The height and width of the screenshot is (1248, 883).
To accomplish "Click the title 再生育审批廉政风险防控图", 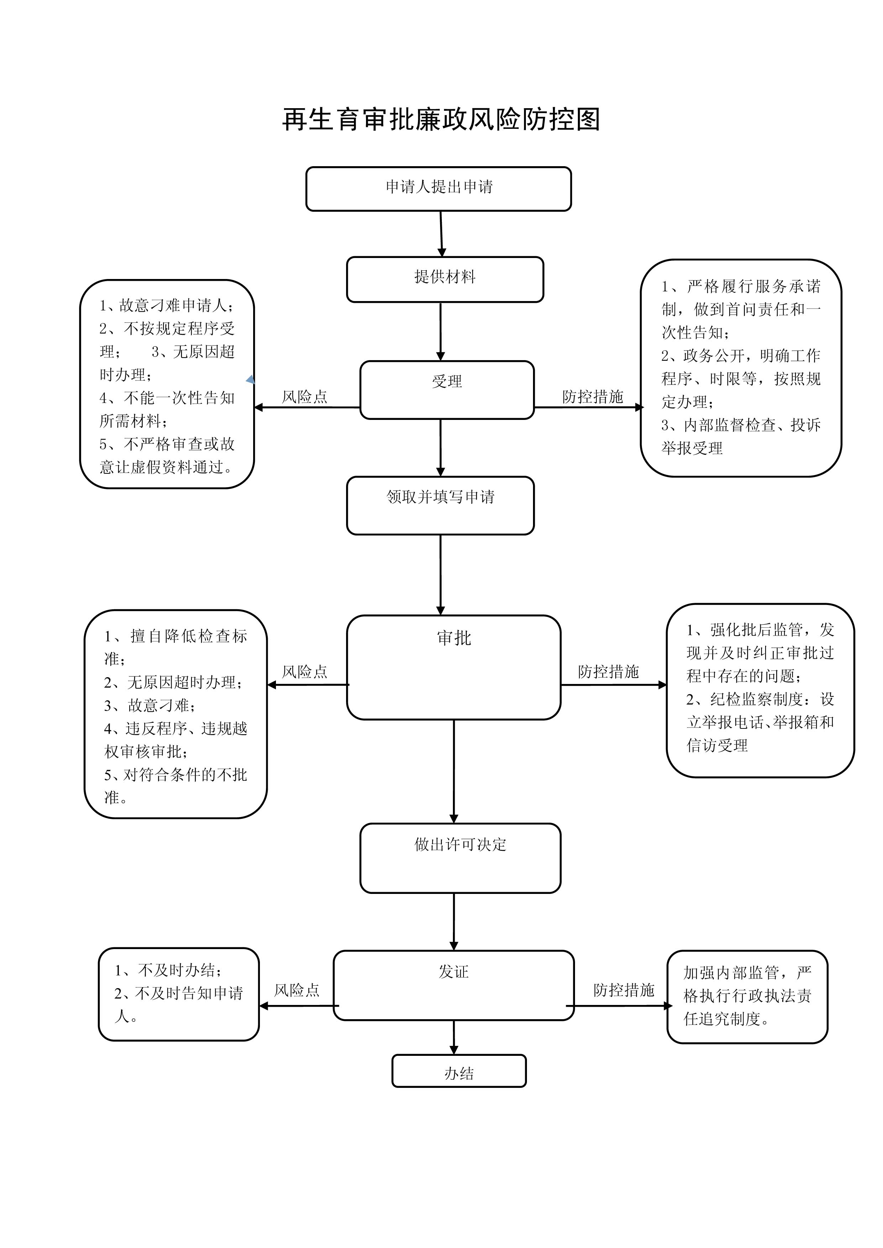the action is click(441, 120).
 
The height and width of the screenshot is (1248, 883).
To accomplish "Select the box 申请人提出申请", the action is click(439, 189).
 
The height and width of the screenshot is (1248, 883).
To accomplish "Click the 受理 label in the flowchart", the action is click(447, 381).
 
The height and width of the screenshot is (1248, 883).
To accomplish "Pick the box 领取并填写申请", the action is click(440, 506).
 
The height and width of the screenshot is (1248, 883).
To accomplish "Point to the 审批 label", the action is click(454, 638).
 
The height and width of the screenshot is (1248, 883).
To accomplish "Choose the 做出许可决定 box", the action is click(460, 858).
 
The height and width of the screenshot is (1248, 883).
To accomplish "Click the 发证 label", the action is click(454, 971).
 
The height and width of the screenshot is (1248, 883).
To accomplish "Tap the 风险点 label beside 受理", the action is click(304, 397).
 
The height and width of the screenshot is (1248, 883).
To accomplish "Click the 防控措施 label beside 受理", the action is click(593, 397).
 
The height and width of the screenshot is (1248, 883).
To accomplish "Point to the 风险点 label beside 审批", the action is click(304, 672).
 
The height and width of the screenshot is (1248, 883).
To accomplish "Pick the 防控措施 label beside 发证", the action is click(624, 990).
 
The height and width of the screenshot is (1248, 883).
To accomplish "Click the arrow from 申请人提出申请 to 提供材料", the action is click(441, 234).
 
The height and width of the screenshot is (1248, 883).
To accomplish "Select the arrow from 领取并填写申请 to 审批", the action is click(440, 575).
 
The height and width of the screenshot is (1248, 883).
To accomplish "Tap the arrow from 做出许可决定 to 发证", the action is click(454, 922).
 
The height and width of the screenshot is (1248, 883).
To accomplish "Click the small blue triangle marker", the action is click(251, 379).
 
